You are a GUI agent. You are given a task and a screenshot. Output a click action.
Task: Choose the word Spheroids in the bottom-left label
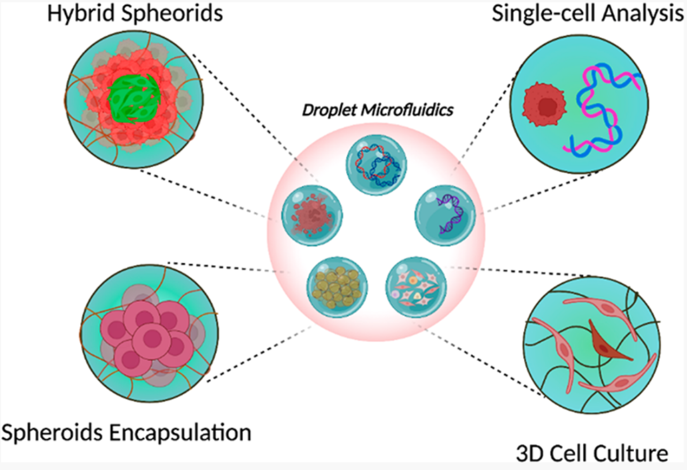tap(51, 432)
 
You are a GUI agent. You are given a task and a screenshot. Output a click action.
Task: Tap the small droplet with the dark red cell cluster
tap(312, 215)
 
